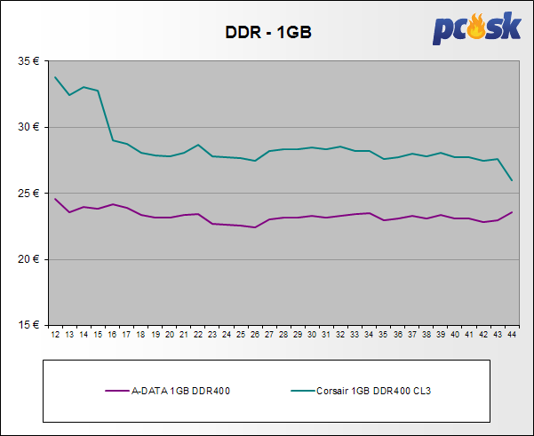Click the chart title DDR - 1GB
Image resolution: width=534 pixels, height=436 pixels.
(x=266, y=34)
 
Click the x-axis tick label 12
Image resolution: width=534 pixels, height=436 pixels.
(x=55, y=335)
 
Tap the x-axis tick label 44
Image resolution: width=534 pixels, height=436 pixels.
(x=512, y=335)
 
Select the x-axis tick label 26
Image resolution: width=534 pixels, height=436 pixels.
(x=255, y=335)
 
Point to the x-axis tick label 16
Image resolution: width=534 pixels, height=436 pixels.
(x=112, y=335)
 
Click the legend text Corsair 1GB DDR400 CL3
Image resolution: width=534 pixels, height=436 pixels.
(x=380, y=389)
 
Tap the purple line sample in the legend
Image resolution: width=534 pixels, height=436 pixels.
(x=117, y=389)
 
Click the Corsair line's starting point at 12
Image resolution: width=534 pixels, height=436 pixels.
(x=55, y=77)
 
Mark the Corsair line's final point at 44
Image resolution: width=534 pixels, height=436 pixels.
(x=512, y=180)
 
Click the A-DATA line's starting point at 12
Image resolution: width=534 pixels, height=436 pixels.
(x=55, y=198)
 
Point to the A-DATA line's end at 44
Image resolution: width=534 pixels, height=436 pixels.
(x=512, y=212)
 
